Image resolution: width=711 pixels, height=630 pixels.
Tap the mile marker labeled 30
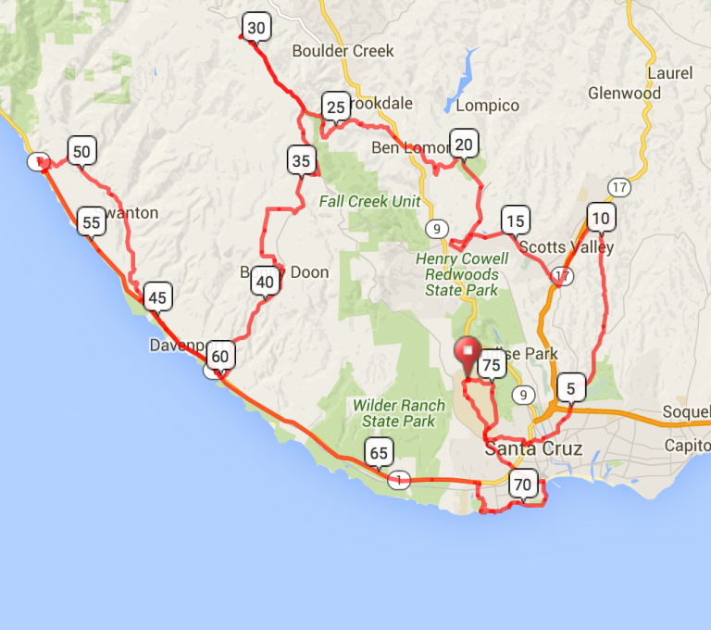click(256, 28)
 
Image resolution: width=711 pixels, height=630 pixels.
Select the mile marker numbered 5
click(571, 388)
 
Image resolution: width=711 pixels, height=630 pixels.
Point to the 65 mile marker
click(378, 453)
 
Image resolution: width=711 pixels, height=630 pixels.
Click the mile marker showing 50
click(81, 152)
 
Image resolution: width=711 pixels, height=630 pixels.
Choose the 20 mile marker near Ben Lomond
click(464, 143)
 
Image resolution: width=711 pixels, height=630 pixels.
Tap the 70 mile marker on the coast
click(523, 484)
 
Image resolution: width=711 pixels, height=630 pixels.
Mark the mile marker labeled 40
click(266, 283)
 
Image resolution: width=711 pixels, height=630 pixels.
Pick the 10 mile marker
click(601, 219)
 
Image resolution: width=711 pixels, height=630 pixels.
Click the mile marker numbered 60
click(219, 356)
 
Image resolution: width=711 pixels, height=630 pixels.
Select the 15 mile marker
click(515, 220)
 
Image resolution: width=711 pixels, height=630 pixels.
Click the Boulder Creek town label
click(343, 51)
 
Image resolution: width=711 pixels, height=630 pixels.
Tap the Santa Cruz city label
click(534, 449)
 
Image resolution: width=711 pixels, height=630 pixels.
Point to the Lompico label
click(488, 106)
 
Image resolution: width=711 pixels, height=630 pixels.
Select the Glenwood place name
click(625, 93)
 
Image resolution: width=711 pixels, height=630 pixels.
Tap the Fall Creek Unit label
click(369, 201)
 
